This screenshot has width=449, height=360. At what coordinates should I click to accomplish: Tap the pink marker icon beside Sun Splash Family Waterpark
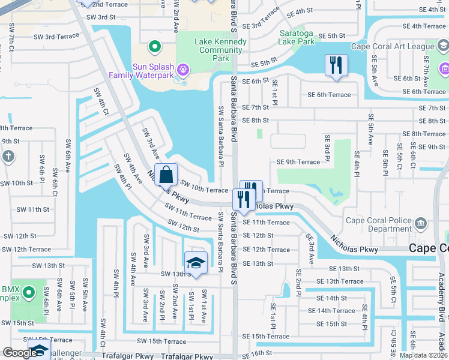(184, 71)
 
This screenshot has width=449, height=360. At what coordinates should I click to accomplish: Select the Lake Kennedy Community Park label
(220, 50)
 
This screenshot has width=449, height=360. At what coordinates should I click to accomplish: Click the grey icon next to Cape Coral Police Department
(420, 224)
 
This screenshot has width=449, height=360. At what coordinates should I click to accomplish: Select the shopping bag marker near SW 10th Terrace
(167, 175)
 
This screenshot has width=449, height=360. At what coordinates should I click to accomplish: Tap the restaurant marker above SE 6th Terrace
(336, 65)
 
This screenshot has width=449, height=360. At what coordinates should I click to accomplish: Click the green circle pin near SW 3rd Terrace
(154, 46)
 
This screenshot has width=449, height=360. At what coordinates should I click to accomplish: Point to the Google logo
(19, 353)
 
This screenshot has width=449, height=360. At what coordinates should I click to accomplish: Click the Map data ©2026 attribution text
(423, 355)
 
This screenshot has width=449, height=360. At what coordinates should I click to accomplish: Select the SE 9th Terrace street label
(298, 162)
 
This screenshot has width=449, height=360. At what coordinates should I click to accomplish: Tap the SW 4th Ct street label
(101, 102)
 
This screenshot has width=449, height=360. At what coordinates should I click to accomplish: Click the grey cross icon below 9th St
(8, 157)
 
